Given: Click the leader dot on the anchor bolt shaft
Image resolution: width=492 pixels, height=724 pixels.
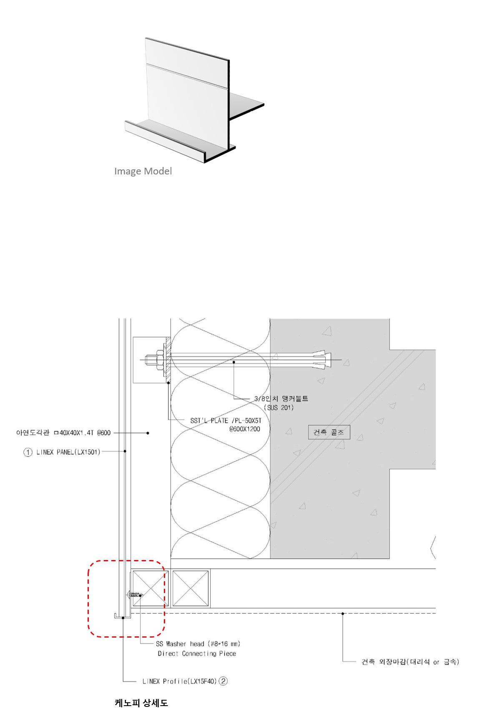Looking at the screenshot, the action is [x=234, y=362].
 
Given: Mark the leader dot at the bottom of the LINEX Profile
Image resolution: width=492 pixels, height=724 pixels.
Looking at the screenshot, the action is [x=123, y=618].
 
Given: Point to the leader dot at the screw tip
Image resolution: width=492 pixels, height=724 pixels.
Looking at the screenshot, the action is [x=141, y=595].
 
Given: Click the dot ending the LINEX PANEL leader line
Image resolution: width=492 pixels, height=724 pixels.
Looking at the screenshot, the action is [x=125, y=451].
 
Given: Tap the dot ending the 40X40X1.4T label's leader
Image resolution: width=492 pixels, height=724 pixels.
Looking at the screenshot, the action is [x=148, y=433].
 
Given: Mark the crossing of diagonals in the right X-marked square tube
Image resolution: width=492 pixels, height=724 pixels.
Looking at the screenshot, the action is [x=190, y=588].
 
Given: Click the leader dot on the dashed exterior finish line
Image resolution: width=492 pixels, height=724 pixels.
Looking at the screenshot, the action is [x=343, y=613].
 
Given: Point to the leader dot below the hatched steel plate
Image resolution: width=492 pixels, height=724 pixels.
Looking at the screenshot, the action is [x=168, y=382].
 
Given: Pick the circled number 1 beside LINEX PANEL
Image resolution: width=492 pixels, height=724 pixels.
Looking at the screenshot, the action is [x=28, y=452].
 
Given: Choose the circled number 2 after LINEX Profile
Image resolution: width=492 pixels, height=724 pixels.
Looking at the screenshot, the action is [x=223, y=681].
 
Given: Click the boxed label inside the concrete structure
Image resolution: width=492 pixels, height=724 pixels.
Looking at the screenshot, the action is [x=329, y=432].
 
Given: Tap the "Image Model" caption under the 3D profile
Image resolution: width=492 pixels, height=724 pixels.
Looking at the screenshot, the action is [x=143, y=171].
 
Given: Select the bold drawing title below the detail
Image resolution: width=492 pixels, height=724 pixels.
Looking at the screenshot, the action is [x=141, y=703].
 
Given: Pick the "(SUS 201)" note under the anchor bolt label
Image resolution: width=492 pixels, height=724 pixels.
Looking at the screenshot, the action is [x=279, y=407].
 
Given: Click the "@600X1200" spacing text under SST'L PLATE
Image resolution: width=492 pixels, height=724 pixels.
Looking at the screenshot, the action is [x=244, y=429].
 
